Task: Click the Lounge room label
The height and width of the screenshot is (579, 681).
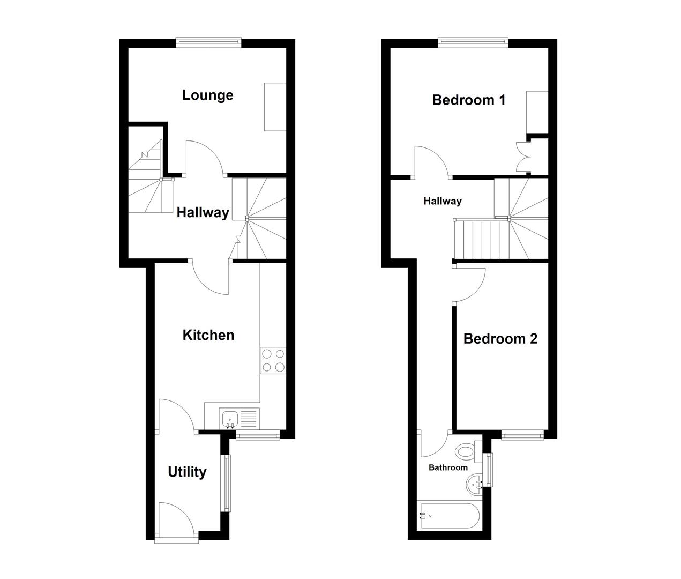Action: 207,95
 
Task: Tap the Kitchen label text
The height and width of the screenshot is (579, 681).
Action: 208,335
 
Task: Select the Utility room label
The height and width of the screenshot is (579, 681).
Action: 187,472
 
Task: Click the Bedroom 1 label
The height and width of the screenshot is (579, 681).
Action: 469,100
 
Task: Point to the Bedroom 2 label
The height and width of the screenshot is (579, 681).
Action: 500,339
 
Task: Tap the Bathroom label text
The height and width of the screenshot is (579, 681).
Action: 448,467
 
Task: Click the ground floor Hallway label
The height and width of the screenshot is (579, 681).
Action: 203,213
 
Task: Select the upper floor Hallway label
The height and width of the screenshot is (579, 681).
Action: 443,202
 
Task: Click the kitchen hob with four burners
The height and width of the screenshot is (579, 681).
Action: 273,360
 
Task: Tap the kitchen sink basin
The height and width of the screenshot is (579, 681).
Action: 230,418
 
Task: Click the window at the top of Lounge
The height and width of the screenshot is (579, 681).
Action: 209,41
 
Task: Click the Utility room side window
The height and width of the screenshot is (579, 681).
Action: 227,482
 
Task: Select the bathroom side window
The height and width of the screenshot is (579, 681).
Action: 488,470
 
